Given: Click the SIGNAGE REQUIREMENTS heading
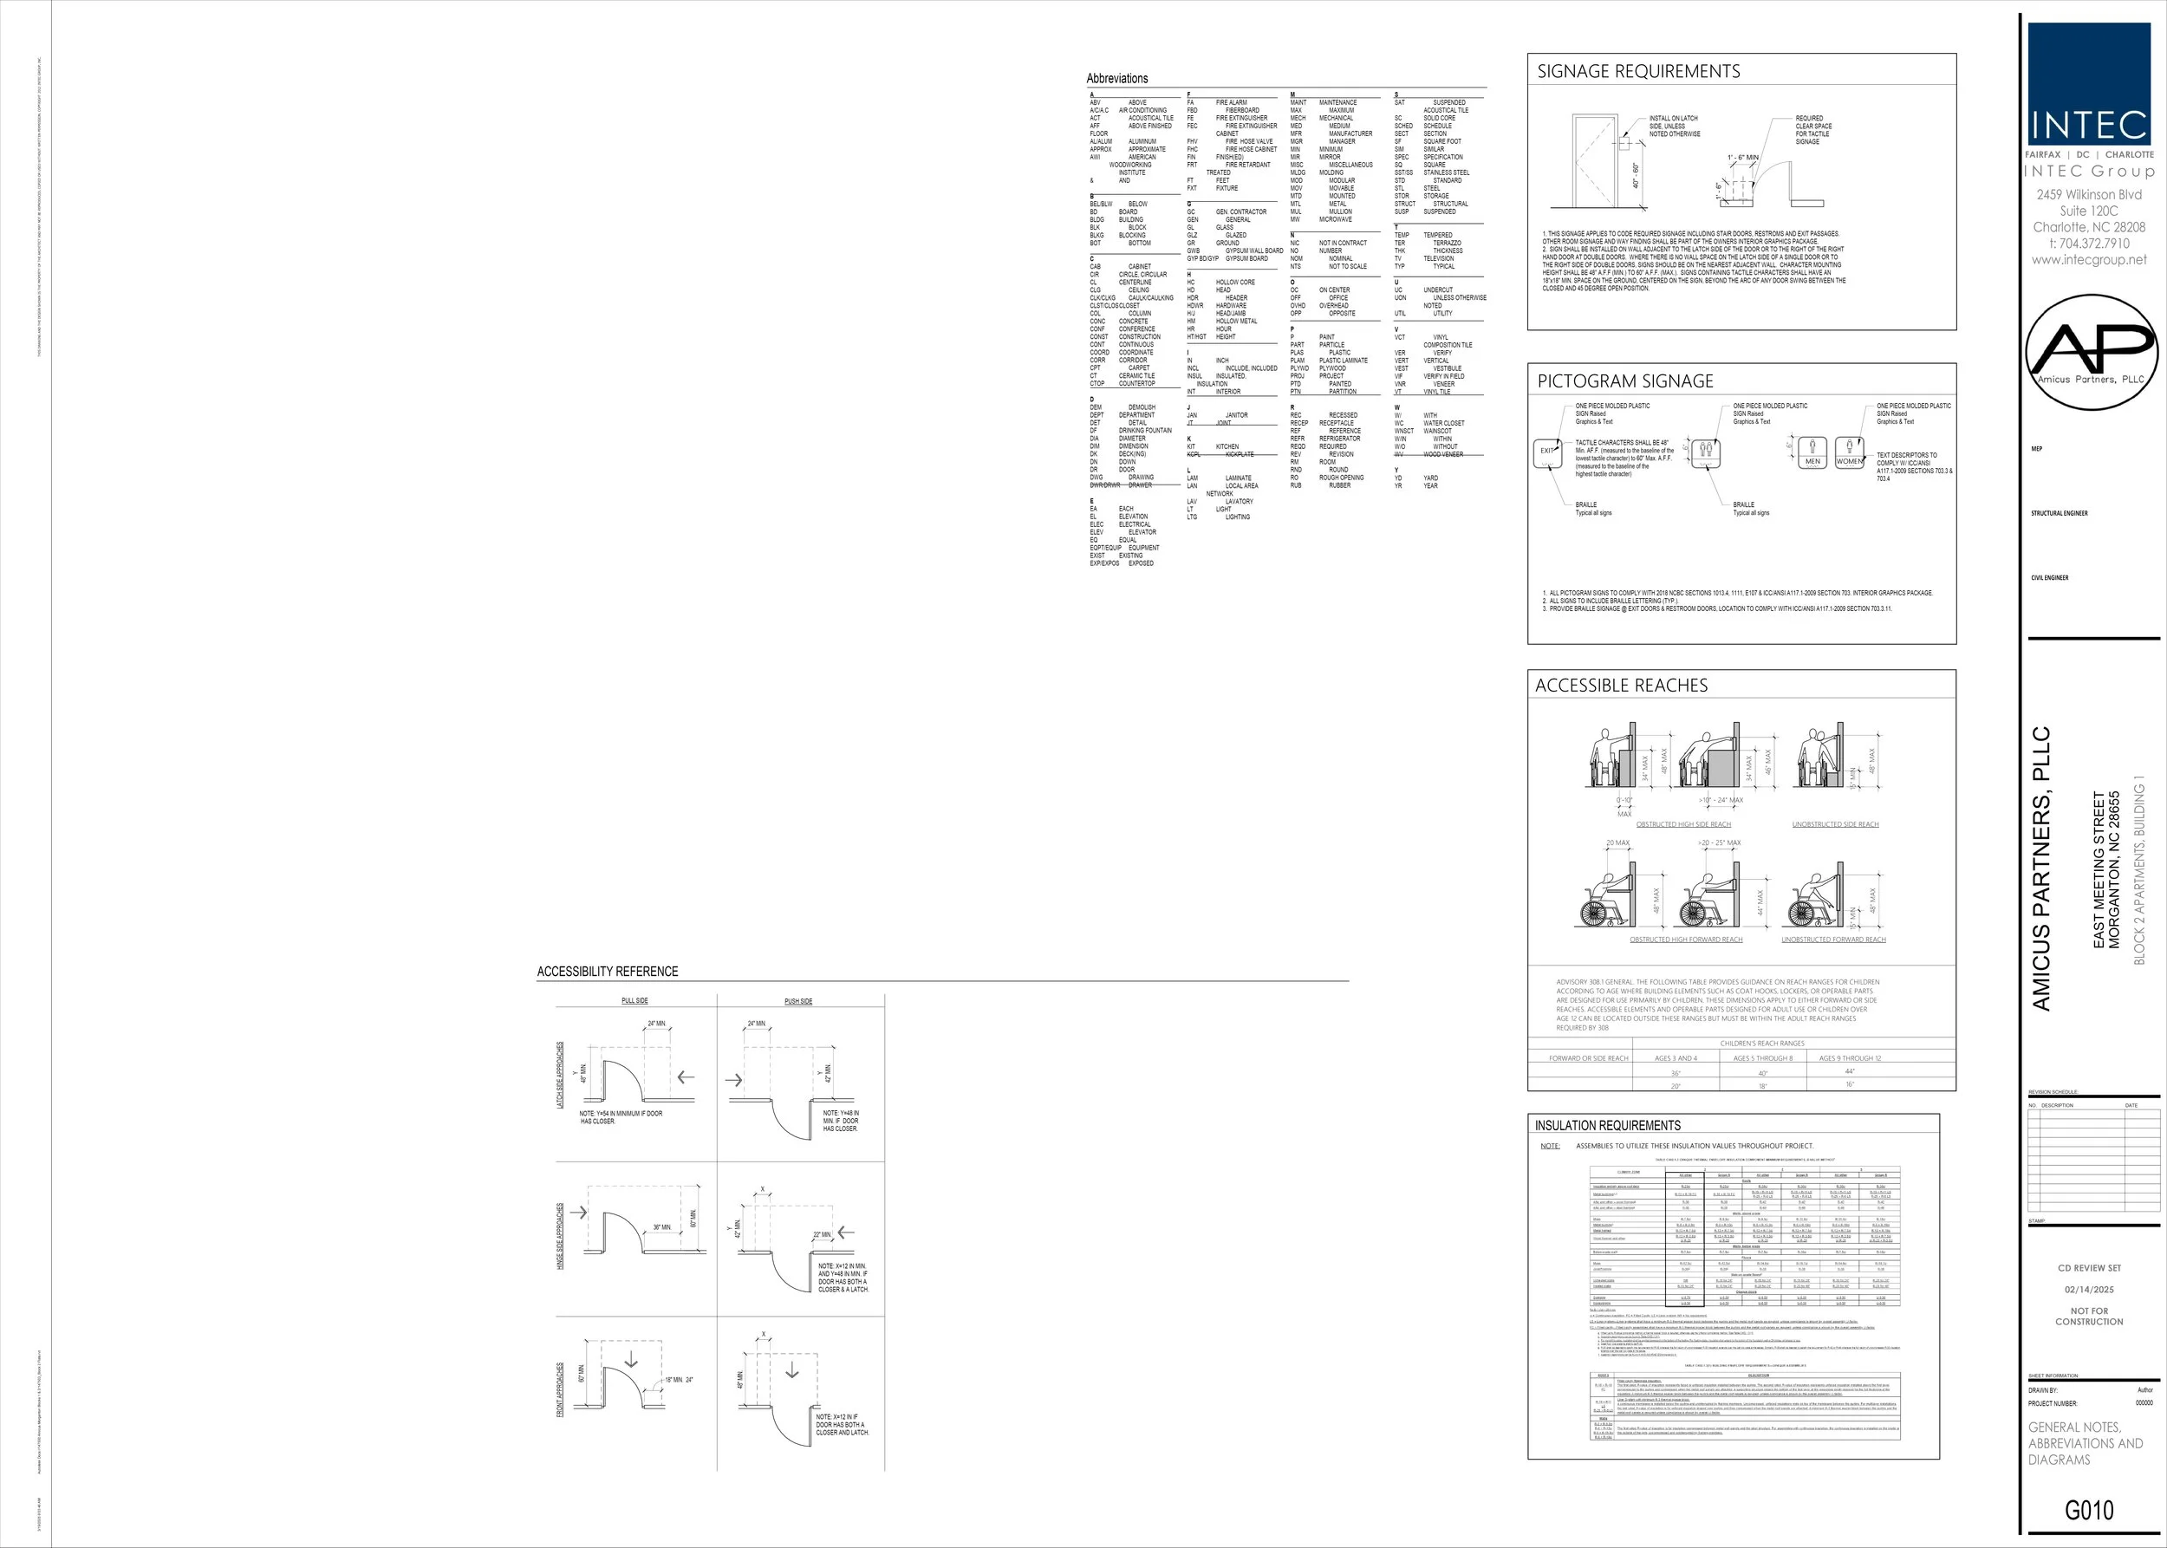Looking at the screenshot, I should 1638,71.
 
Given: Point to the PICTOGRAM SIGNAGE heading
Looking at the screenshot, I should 1624,381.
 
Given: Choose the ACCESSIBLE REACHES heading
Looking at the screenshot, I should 1621,686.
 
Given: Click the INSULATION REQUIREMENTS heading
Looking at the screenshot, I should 1607,1125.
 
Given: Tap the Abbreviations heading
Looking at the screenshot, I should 1116,78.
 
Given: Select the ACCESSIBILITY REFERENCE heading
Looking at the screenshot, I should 608,972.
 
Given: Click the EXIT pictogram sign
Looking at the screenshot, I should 1547,452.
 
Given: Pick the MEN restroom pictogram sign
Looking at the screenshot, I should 1812,452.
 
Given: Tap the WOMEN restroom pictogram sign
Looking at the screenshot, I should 1849,452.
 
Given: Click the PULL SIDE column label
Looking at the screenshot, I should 634,1001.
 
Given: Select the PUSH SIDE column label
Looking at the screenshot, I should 798,1001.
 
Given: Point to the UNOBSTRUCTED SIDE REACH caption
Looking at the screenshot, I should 1835,824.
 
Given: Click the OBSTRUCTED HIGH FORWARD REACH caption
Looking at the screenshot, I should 1686,940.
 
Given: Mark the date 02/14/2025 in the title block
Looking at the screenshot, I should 2089,1290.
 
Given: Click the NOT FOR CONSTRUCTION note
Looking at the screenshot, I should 2089,1317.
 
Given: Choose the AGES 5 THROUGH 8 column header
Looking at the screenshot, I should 1763,1058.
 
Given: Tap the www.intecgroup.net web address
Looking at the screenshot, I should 2089,259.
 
